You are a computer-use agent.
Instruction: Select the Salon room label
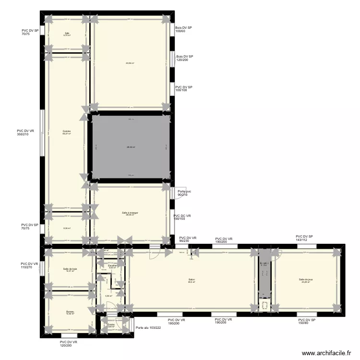click(x=191, y=279)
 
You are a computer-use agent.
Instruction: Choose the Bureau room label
click(x=70, y=312)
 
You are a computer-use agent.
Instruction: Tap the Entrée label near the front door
click(x=111, y=324)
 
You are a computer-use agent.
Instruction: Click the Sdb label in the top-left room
click(x=67, y=33)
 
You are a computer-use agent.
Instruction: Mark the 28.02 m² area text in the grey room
click(x=131, y=147)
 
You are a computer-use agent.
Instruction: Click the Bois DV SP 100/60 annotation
click(x=184, y=30)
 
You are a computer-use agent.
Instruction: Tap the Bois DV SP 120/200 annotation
click(x=184, y=59)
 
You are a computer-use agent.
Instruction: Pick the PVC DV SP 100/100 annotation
click(x=184, y=89)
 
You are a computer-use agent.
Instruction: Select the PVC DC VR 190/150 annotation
click(x=182, y=218)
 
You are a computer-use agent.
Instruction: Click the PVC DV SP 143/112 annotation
click(x=304, y=239)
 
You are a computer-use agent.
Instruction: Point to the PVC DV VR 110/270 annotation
click(x=29, y=265)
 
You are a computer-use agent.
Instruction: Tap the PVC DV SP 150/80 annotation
click(x=306, y=322)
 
